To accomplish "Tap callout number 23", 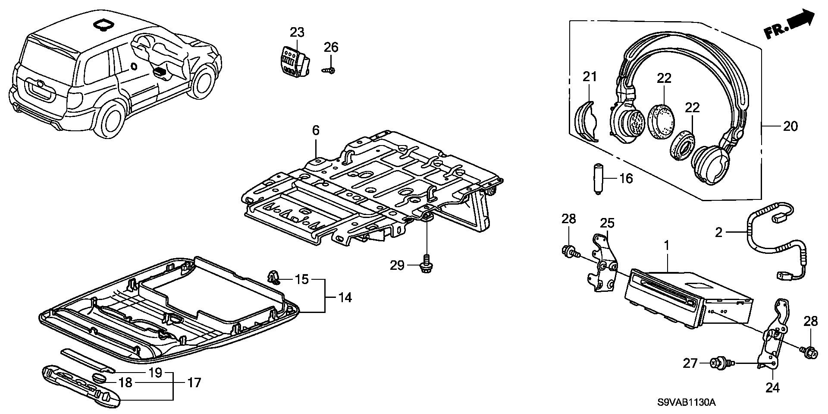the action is tap(297, 32).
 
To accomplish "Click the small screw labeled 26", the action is tap(329, 70).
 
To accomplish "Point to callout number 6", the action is tap(316, 130).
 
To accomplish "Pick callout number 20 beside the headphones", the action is tap(790, 126).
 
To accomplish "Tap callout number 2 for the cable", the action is tap(718, 233).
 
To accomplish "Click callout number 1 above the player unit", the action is tap(666, 246).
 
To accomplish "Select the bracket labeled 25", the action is tap(602, 263).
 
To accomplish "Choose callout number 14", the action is tap(345, 297).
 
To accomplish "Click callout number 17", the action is tap(194, 382).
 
